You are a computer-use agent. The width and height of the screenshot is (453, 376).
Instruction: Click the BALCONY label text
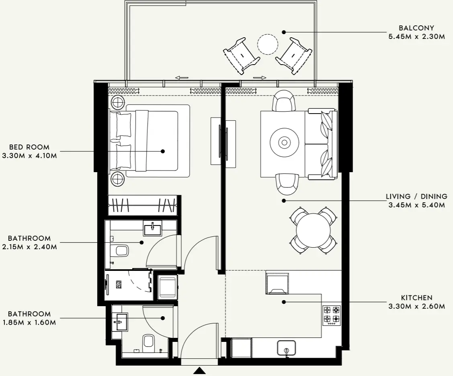tap(416, 28)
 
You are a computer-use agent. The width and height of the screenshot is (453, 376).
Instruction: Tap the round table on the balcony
tap(267, 44)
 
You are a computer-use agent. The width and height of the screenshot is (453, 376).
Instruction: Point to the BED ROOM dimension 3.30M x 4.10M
tap(29, 156)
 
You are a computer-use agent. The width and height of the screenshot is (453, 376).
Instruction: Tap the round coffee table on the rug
tap(284, 142)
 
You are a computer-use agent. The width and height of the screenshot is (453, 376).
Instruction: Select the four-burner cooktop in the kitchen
tap(332, 315)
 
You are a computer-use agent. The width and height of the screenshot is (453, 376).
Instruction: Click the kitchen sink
tap(286, 348)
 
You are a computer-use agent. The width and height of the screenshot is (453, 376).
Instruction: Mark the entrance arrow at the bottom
tap(200, 371)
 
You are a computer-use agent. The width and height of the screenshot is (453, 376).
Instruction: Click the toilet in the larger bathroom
tap(121, 251)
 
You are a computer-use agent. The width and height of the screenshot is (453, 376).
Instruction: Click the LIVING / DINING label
tap(416, 197)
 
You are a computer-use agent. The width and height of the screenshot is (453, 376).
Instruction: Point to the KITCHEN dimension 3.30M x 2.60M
tap(416, 307)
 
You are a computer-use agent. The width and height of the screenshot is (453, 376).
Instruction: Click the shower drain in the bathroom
tap(119, 285)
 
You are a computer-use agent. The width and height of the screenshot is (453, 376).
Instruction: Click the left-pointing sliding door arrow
tap(182, 78)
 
